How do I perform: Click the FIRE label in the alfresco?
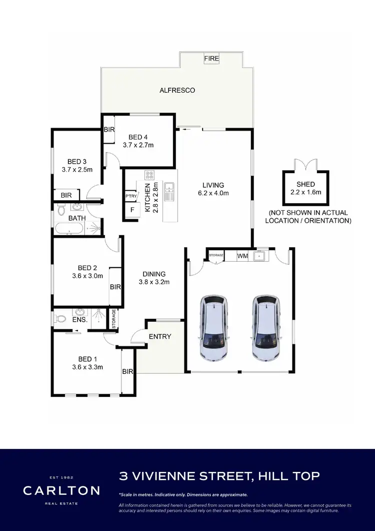211,59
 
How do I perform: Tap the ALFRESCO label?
177,91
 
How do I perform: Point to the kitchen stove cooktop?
149,175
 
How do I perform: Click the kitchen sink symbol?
170,188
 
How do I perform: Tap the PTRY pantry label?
131,196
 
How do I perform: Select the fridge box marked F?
132,210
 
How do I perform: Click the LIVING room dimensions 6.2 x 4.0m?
213,193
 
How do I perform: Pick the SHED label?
306,184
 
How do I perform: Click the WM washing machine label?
242,256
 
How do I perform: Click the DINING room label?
154,274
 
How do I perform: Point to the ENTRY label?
160,336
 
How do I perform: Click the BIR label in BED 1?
128,371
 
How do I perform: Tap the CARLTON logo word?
61,490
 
